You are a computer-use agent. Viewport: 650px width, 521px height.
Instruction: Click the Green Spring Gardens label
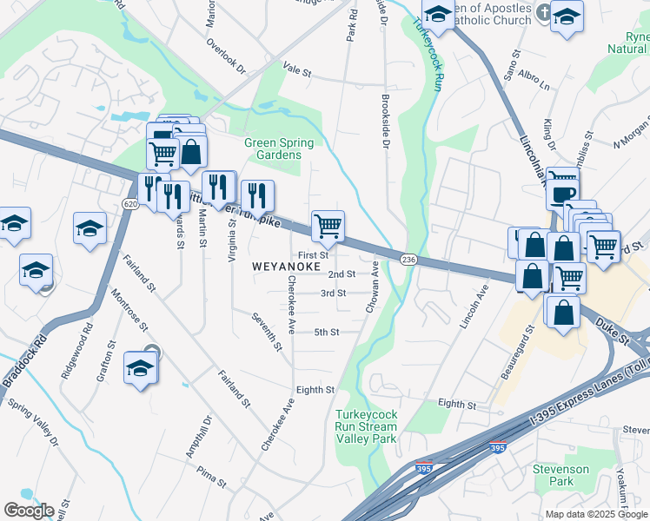[x=272, y=148]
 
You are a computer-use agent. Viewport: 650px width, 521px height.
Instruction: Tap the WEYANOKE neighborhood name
[x=286, y=266]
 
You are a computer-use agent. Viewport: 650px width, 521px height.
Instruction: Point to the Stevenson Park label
[x=560, y=475]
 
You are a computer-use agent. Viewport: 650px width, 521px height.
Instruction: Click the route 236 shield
[x=408, y=260]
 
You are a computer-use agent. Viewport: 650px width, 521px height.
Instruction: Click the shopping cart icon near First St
[x=328, y=228]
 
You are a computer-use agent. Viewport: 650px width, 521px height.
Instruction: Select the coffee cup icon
[x=562, y=194]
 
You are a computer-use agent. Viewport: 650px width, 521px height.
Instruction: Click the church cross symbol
[x=543, y=12]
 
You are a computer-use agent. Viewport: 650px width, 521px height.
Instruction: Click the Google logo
[x=29, y=511]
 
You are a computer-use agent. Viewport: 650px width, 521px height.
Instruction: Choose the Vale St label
[x=296, y=69]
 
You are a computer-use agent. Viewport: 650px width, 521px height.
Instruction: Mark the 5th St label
[x=326, y=332]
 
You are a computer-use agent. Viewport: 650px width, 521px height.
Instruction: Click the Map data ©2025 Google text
[x=595, y=514]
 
